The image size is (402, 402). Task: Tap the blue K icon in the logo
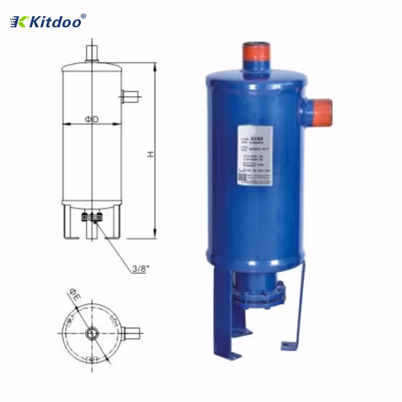tap(18, 23)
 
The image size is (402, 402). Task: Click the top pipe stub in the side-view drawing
tap(91, 53)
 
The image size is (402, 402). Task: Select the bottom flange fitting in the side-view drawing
tap(91, 217)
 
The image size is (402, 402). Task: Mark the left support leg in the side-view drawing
tap(67, 222)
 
